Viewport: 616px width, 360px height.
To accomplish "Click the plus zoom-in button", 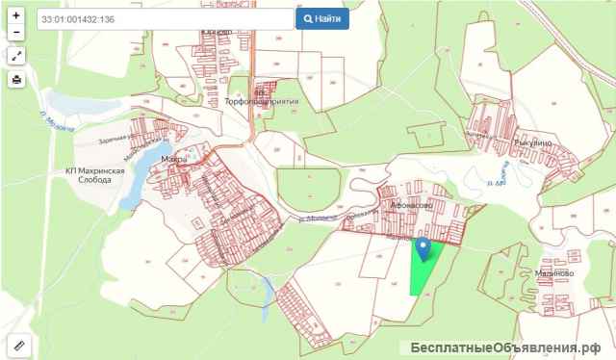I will tap(16, 15).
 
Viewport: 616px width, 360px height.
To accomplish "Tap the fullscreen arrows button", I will tap(16, 56).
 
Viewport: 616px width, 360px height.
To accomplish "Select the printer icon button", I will tap(16, 80).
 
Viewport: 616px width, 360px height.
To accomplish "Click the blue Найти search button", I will tap(321, 18).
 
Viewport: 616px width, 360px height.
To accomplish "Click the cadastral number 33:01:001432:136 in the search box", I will tap(79, 19).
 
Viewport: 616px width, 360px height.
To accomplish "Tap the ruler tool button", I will tap(16, 344).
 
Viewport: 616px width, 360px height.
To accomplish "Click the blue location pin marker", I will tap(423, 249).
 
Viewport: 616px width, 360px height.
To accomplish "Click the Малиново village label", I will tap(553, 273).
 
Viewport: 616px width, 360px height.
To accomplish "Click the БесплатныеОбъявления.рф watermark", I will tap(505, 347).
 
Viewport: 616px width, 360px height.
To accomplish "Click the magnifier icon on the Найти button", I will tap(309, 18).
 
